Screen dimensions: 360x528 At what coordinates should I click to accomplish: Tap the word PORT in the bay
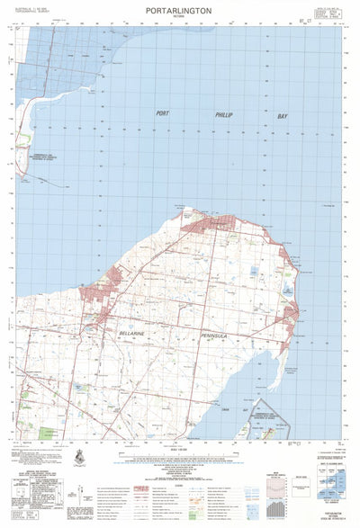point(162,114)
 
